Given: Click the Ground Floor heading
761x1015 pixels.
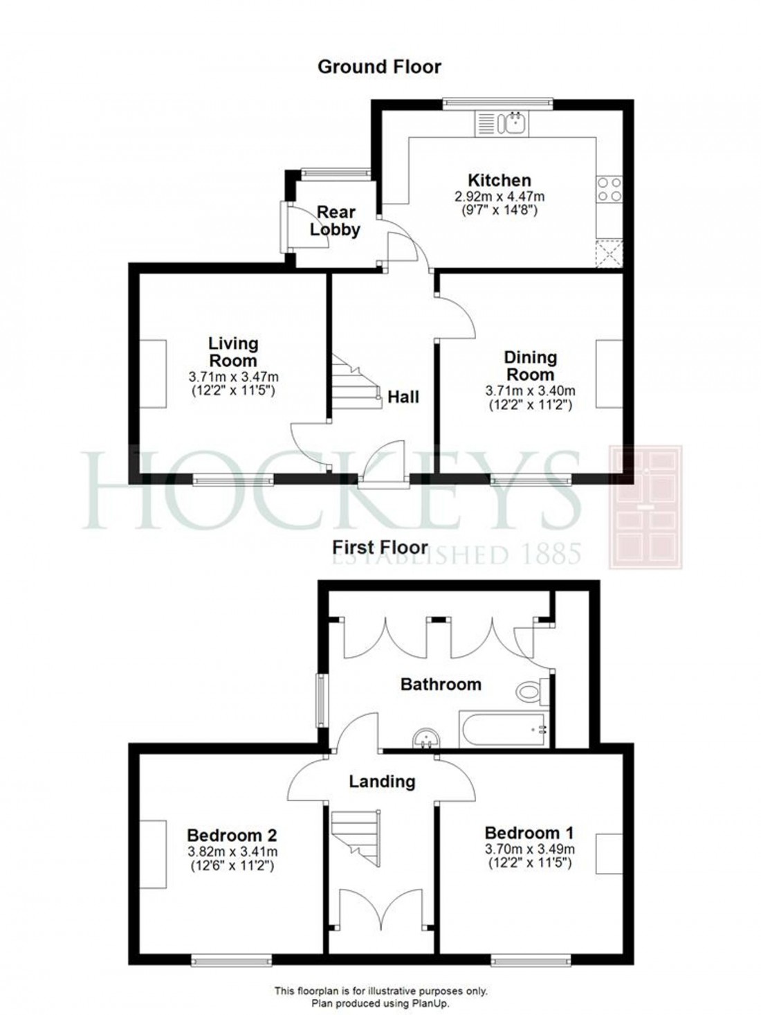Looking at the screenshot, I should (x=379, y=66).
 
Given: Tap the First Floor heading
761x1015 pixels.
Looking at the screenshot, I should (x=380, y=546).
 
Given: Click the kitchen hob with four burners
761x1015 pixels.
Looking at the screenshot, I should (x=609, y=189).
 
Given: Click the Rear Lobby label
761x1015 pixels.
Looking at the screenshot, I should (x=336, y=221).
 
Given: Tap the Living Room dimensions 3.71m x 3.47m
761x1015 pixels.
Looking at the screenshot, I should (x=233, y=377).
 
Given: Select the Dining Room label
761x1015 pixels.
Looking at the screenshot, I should (x=530, y=365).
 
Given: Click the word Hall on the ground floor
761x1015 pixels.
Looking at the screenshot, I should (x=403, y=397).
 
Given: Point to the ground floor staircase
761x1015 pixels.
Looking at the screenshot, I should (x=356, y=381).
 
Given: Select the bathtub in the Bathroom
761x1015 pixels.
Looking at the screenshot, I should (x=504, y=729).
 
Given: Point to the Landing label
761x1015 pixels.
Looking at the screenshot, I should (x=381, y=782).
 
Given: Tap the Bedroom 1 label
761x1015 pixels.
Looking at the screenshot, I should (x=529, y=832).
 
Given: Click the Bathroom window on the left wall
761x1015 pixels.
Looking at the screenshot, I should (x=322, y=699).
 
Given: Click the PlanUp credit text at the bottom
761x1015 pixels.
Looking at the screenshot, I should (x=380, y=1002).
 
